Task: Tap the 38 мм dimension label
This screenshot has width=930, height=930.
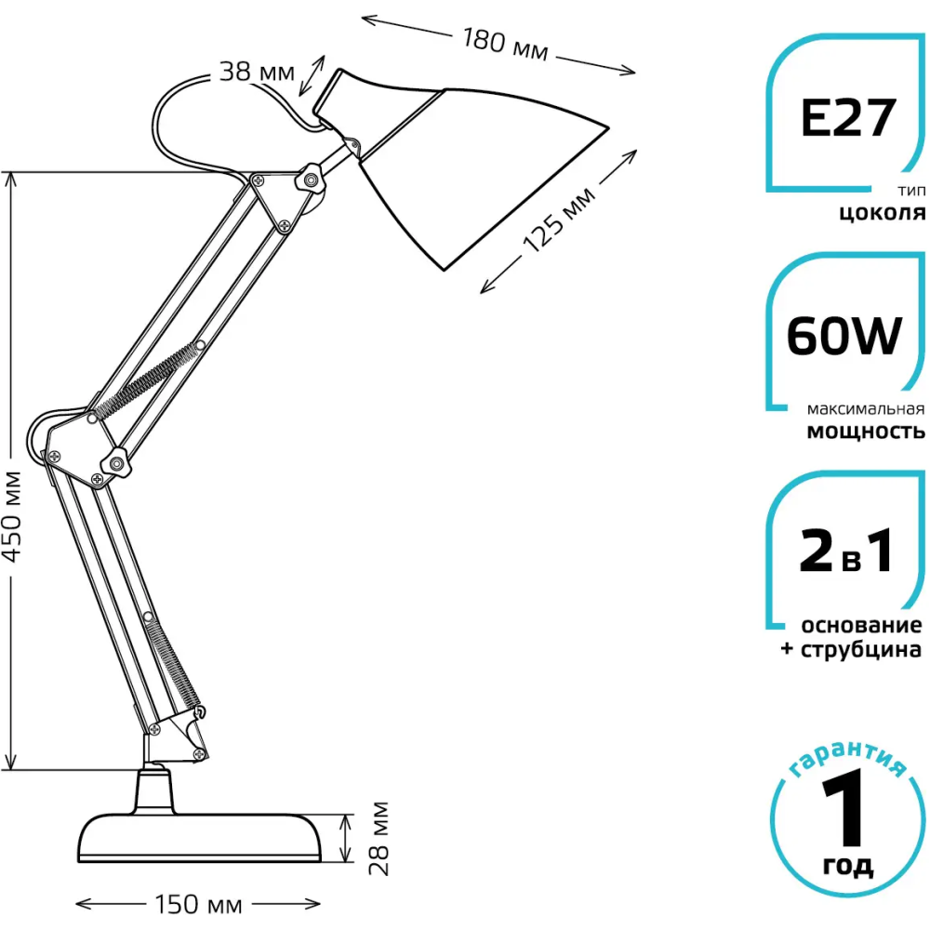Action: [257, 71]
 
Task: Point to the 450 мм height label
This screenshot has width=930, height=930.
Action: [13, 517]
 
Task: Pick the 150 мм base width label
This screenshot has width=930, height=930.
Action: [195, 905]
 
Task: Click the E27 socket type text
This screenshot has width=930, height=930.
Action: [847, 119]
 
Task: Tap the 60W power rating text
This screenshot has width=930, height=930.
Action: [844, 337]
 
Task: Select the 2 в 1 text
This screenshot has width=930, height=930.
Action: [846, 552]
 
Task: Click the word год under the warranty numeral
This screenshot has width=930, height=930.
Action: [848, 867]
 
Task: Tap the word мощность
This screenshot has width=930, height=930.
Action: [865, 431]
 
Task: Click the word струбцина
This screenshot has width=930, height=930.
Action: [860, 648]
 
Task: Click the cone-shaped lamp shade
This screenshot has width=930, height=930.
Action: [465, 167]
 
